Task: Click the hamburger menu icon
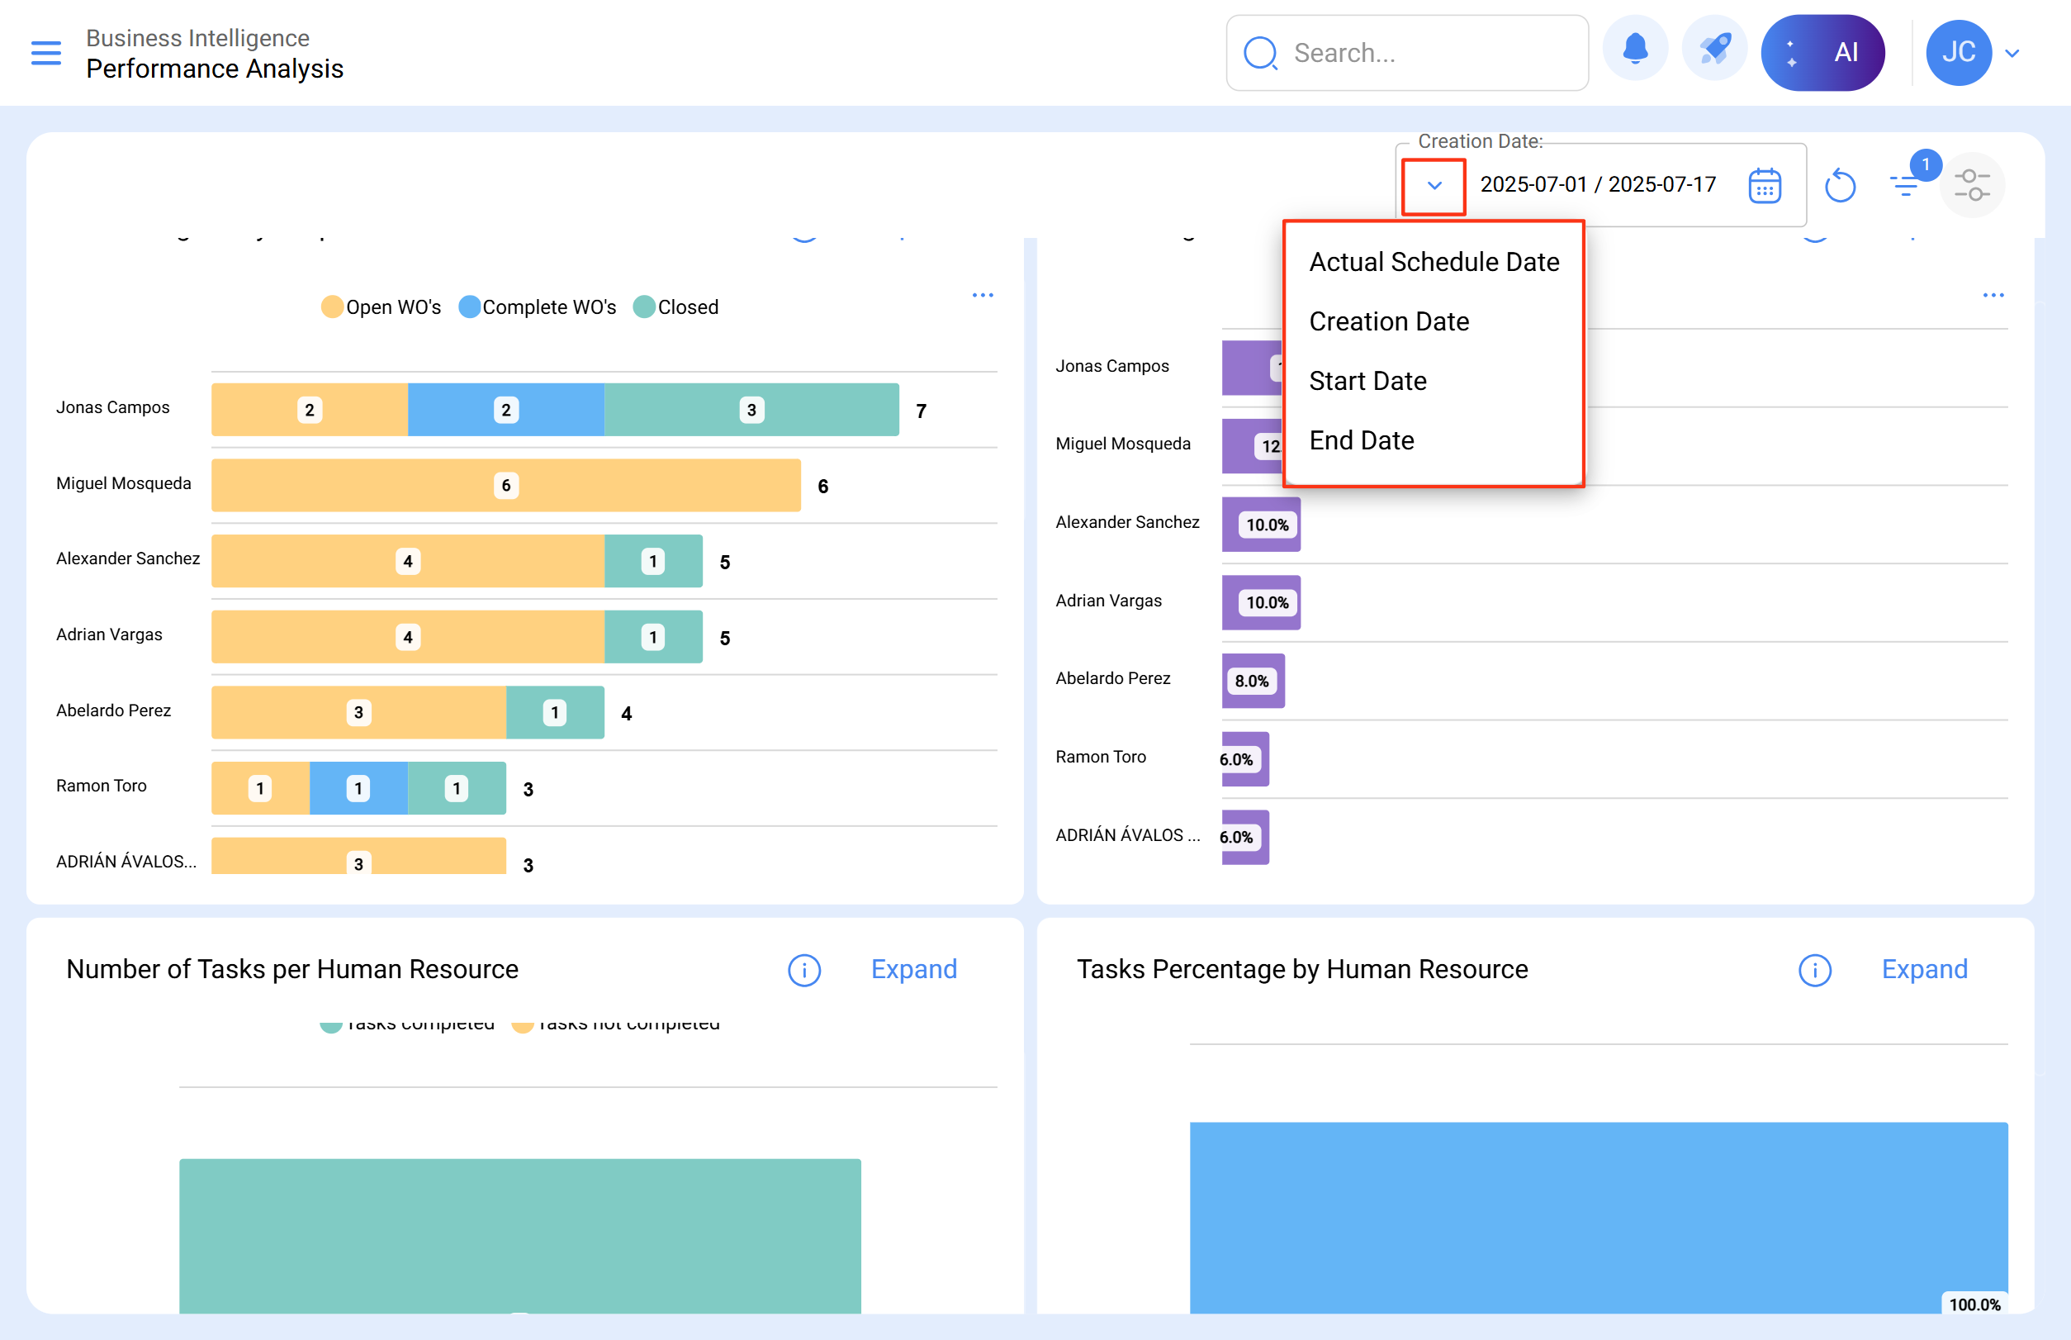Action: [x=46, y=53]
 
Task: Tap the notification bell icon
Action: [x=1634, y=51]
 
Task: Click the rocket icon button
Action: [x=1714, y=51]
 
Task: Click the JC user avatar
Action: [x=1958, y=53]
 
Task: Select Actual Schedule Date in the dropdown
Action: [x=1434, y=262]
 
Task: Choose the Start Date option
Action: [x=1367, y=381]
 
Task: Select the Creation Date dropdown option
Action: [x=1388, y=322]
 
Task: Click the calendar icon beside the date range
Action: [x=1764, y=185]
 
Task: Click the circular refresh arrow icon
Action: [x=1840, y=185]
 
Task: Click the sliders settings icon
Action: [x=1971, y=185]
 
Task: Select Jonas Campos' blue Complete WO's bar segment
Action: [x=505, y=410]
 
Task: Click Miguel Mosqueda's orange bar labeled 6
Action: [x=505, y=486]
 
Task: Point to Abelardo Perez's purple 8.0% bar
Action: [x=1253, y=682]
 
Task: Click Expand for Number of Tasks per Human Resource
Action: [x=913, y=969]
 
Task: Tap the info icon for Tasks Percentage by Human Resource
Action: [x=1814, y=970]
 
